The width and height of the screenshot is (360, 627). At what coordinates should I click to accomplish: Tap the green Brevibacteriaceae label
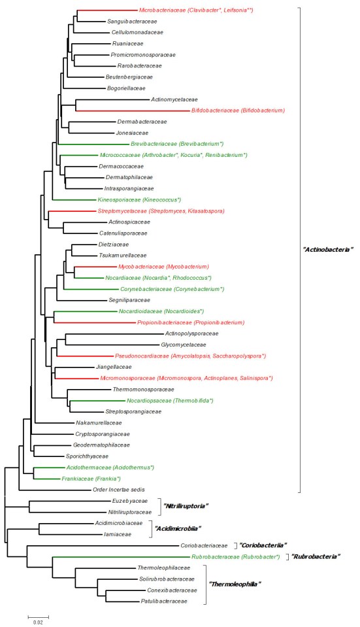(176, 143)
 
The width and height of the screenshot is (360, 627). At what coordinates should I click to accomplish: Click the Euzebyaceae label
(126, 501)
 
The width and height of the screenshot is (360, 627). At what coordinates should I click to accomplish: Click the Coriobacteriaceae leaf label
(203, 545)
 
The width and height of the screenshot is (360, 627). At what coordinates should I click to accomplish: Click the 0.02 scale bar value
(38, 622)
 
